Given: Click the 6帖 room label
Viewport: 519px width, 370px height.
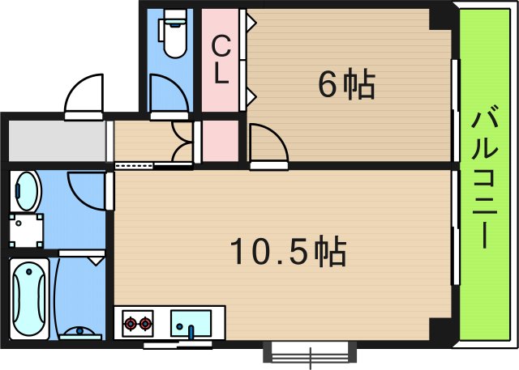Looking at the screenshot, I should coord(346,83).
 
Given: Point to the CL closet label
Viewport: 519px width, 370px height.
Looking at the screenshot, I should coord(221,62).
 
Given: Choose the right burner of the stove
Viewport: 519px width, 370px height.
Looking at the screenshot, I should coord(146,325).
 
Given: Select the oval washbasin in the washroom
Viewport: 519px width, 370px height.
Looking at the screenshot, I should coord(27,192).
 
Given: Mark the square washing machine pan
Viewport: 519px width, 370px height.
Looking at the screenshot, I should coord(26,230).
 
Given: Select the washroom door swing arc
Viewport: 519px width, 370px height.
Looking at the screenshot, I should coord(85,192).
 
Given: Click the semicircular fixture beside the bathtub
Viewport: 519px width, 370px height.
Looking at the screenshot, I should coord(79,331).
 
